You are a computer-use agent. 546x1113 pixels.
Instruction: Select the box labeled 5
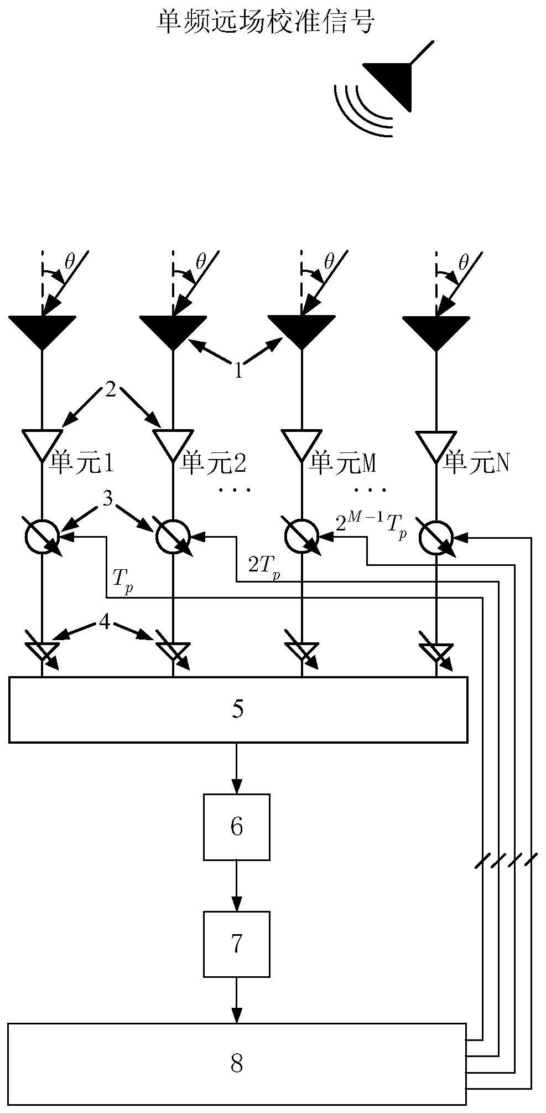[x=238, y=709]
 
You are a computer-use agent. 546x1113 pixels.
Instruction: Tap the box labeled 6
[x=236, y=827]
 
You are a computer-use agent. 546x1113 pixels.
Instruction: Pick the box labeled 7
[x=236, y=944]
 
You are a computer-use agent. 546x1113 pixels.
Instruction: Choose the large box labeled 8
[x=236, y=1063]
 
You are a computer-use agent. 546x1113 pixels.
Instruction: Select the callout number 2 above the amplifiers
[x=111, y=391]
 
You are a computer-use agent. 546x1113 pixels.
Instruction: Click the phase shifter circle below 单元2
[x=173, y=536]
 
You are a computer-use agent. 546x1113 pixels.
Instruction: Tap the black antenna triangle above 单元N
[x=436, y=329]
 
